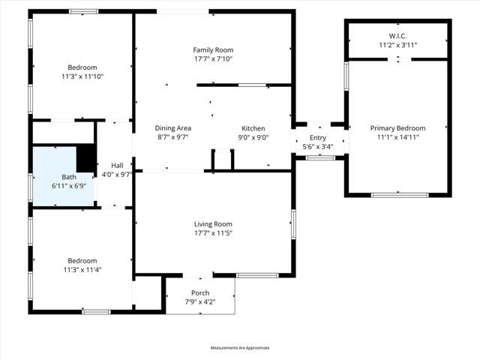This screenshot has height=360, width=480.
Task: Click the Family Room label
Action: (x=208, y=49)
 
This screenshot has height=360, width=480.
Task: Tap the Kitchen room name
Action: (x=253, y=128)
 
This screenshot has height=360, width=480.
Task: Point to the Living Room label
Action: (x=213, y=223)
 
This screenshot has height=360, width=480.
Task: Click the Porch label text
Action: (x=200, y=292)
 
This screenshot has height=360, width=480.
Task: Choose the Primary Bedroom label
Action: (x=397, y=128)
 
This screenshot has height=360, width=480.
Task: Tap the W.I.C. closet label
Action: (x=397, y=36)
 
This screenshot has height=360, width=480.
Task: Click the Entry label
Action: (x=318, y=137)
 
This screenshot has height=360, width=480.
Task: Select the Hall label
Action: (x=117, y=165)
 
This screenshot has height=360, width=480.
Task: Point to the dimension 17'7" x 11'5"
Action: (x=213, y=233)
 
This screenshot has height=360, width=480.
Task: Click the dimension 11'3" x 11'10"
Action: (x=82, y=76)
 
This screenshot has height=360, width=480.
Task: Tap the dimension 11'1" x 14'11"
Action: (x=397, y=138)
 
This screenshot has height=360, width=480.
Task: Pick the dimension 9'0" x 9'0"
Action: (x=253, y=138)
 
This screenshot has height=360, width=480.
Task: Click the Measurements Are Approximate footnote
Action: (x=240, y=348)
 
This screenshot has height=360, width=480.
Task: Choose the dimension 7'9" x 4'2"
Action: (x=200, y=301)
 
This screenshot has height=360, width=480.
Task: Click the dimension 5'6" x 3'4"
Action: (x=318, y=146)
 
